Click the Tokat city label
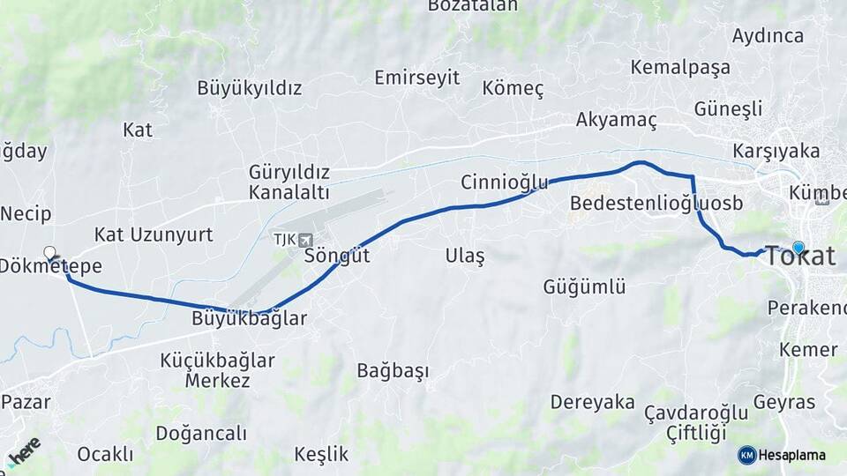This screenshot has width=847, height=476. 800,257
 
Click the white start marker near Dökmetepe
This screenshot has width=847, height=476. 50,252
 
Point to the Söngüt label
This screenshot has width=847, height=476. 336,257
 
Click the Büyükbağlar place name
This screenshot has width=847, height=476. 249,319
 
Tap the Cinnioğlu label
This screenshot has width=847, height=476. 504,182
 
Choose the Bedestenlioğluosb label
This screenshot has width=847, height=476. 656,204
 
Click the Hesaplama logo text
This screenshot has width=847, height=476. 791,455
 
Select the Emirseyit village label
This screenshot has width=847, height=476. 416,78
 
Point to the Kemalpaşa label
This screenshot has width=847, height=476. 680,67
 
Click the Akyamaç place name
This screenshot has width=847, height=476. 617,120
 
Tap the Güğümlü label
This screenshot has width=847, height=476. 584,286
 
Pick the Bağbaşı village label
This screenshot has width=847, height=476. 393,371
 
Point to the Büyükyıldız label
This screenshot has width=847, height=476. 250,88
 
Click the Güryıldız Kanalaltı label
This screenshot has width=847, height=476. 289,182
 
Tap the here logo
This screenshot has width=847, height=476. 23,450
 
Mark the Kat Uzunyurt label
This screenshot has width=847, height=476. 154,234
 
